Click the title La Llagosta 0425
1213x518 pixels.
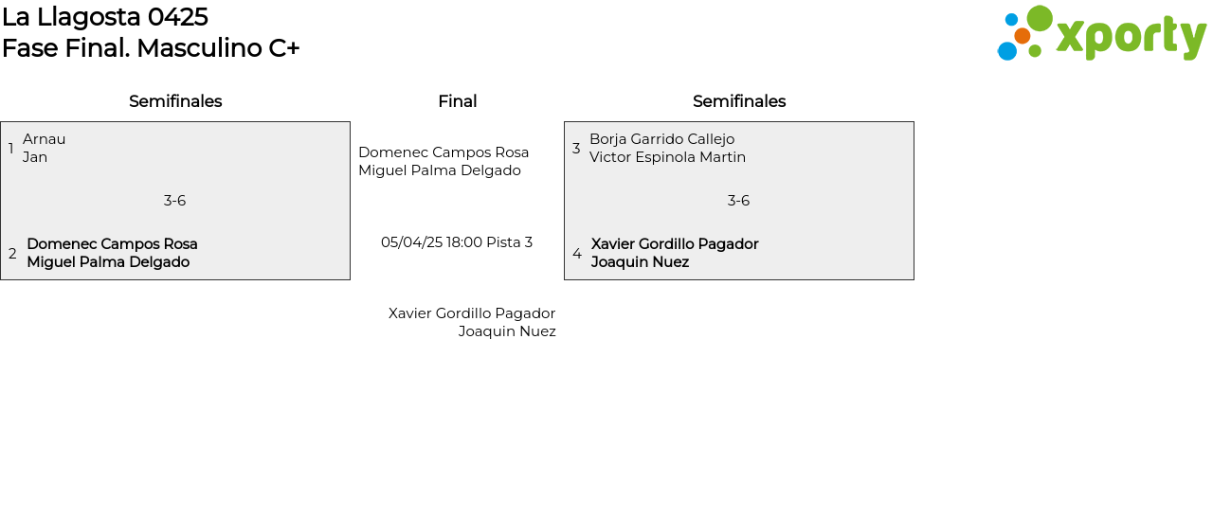click(x=104, y=17)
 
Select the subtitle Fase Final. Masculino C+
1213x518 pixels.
click(x=151, y=48)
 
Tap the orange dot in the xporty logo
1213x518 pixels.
click(x=1022, y=36)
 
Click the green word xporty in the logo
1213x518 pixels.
click(x=1131, y=37)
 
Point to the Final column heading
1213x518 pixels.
click(x=457, y=101)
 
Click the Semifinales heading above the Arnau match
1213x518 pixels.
click(x=175, y=101)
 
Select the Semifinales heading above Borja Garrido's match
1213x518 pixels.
click(x=739, y=101)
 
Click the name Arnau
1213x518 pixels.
click(x=45, y=139)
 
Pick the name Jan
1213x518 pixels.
click(x=35, y=157)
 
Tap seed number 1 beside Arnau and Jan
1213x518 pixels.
click(x=11, y=149)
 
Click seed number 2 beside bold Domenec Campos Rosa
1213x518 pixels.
click(x=12, y=254)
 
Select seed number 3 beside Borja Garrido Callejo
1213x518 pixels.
click(x=576, y=149)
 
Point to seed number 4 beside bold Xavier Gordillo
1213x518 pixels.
click(x=577, y=254)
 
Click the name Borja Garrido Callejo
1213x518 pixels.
click(x=661, y=139)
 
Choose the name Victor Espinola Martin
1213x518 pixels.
click(x=667, y=157)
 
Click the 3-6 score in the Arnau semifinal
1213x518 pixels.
click(x=174, y=201)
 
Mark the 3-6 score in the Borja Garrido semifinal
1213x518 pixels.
click(x=738, y=201)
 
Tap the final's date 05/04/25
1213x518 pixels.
click(x=411, y=242)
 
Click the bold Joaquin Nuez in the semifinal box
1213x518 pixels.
click(x=640, y=262)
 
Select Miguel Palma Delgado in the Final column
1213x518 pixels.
click(x=440, y=170)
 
